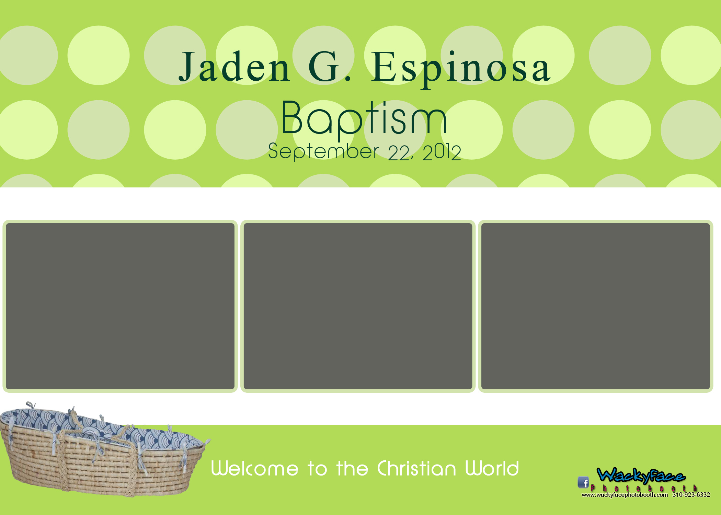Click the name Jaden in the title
pyautogui.click(x=234, y=67)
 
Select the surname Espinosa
pyautogui.click(x=461, y=69)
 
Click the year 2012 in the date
pyautogui.click(x=442, y=152)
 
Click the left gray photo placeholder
pyautogui.click(x=120, y=306)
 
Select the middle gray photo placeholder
pyautogui.click(x=358, y=306)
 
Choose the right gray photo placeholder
pyautogui.click(x=595, y=306)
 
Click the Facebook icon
pyautogui.click(x=583, y=482)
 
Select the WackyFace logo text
pyautogui.click(x=641, y=476)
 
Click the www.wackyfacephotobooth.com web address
pyautogui.click(x=625, y=495)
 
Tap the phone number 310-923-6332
pyautogui.click(x=691, y=495)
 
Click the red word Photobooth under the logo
pyautogui.click(x=644, y=488)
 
